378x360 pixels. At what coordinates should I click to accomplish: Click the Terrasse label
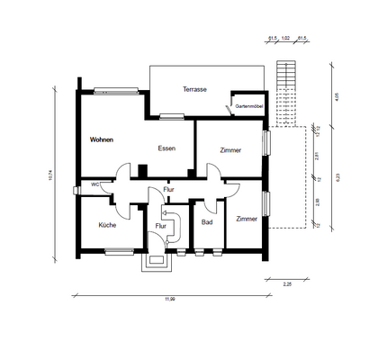point(194,90)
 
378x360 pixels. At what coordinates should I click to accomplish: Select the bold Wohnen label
point(103,140)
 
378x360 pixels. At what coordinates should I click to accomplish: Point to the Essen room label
point(166,148)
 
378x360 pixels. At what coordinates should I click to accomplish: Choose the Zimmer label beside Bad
point(247,219)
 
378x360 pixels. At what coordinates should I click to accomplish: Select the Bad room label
point(207,222)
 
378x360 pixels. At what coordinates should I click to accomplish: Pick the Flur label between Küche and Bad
point(162,226)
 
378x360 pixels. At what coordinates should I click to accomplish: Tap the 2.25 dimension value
point(287,284)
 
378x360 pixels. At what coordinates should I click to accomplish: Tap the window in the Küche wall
point(117,252)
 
